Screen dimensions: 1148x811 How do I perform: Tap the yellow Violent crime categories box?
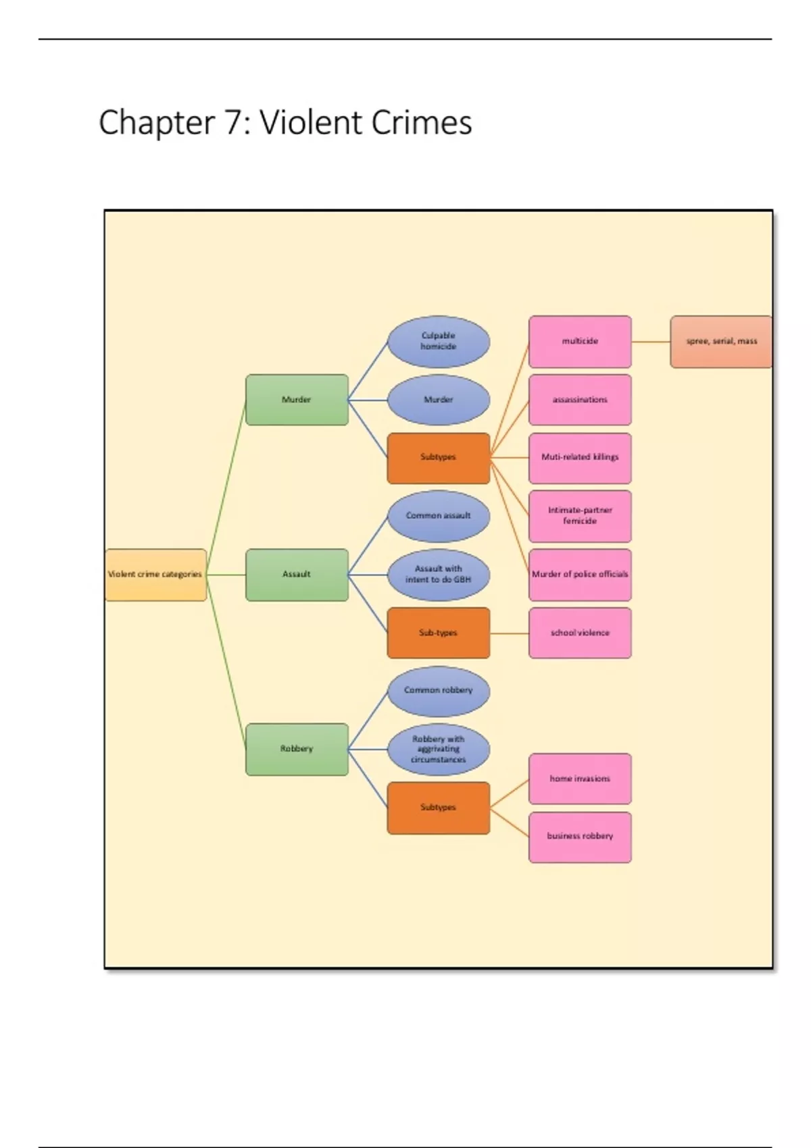(155, 575)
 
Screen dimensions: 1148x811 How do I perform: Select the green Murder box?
(297, 400)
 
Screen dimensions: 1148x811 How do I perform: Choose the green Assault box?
(297, 575)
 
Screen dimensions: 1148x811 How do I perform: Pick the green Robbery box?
(297, 749)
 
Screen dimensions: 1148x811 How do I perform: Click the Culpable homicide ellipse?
(439, 341)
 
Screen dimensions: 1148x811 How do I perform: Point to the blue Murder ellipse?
(439, 400)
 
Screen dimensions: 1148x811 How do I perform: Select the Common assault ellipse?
(439, 516)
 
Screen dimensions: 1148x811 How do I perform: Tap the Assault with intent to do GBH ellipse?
(439, 575)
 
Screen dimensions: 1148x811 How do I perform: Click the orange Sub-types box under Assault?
(439, 633)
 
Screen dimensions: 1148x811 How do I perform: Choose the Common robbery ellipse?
(439, 691)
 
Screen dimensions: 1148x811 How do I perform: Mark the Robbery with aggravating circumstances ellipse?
(439, 749)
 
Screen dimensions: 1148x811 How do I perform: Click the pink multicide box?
(580, 342)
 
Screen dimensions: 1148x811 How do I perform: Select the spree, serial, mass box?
(721, 342)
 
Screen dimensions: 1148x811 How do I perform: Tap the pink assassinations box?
(580, 400)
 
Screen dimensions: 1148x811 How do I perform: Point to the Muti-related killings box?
(580, 458)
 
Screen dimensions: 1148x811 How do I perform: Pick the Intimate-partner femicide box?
(580, 516)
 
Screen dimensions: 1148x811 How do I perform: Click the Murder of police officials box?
(580, 575)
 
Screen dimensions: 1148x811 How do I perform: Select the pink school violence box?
(580, 633)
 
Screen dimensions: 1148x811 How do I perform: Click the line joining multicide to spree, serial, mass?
(651, 342)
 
